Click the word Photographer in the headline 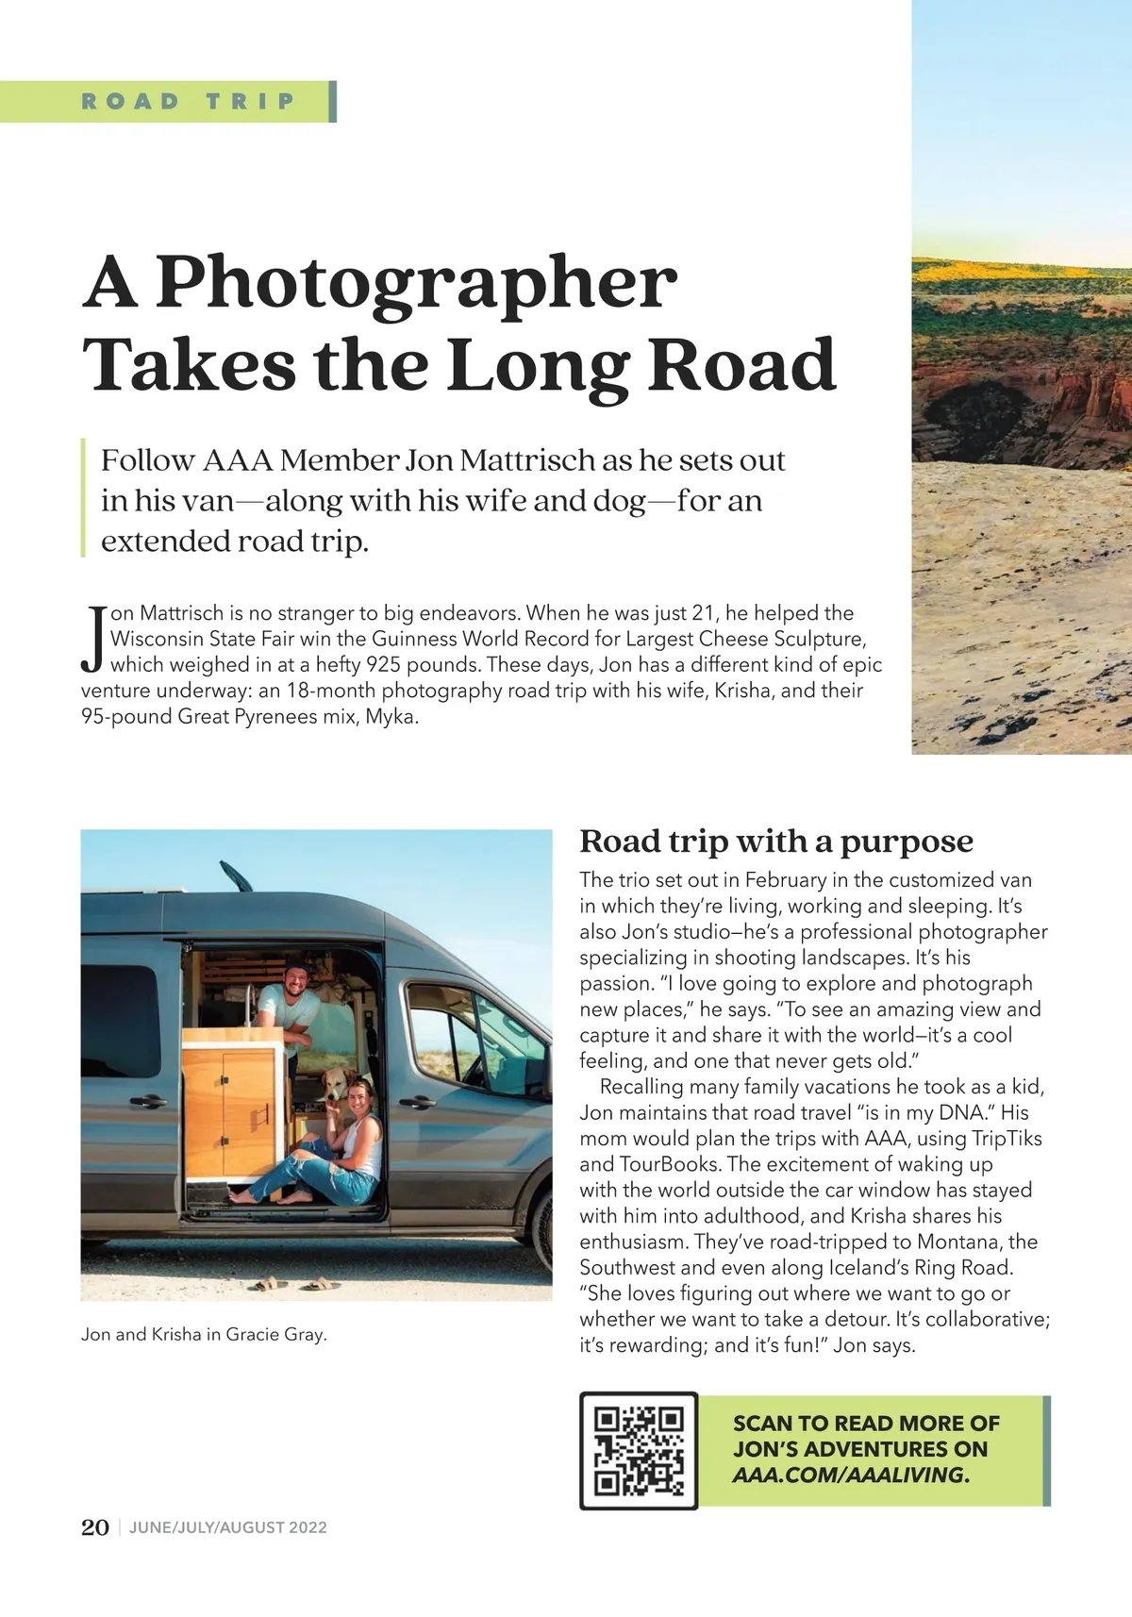(x=416, y=283)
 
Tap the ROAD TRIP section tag (x=188, y=102)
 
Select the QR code (x=639, y=1450)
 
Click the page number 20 (x=95, y=1527)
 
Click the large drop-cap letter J (x=93, y=639)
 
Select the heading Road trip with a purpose (x=775, y=841)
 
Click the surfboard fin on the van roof (x=237, y=875)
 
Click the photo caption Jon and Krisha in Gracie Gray (x=204, y=1334)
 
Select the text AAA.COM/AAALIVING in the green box (x=850, y=1475)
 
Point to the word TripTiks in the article (x=1006, y=1138)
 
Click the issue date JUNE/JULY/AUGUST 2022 (x=228, y=1527)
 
